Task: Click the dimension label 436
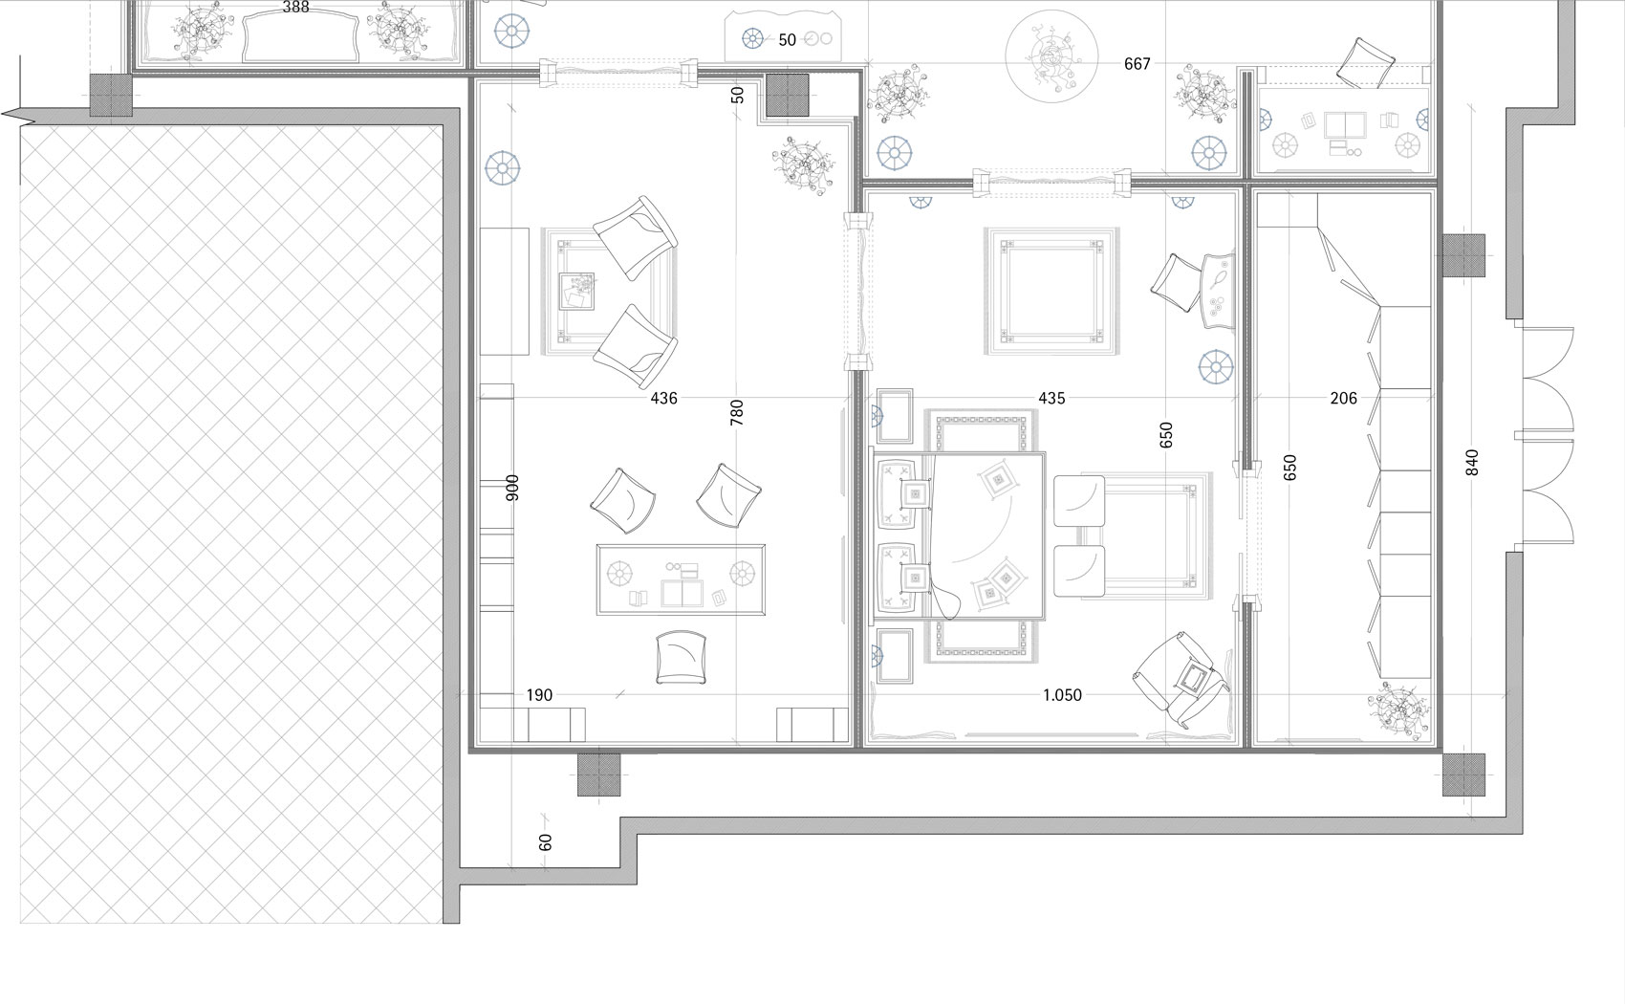[x=663, y=399]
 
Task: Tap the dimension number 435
[x=1051, y=399]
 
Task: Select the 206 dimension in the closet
[x=1344, y=399]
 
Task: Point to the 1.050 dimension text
[x=1062, y=695]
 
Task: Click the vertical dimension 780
[x=737, y=413]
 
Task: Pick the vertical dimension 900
[x=512, y=488]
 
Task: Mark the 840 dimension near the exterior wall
[x=1472, y=463]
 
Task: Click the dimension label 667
[x=1137, y=64]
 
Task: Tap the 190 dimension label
[x=539, y=695]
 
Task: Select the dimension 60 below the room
[x=546, y=842]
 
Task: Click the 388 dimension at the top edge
[x=295, y=8]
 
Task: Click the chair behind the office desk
[x=681, y=657]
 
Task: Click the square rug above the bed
[x=1051, y=291]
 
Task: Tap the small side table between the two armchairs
[x=576, y=292]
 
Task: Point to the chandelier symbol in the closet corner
[x=1397, y=710]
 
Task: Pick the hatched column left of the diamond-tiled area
[x=111, y=95]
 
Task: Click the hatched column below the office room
[x=598, y=775]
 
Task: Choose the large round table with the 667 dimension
[x=1051, y=55]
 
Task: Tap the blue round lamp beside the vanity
[x=1216, y=367]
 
